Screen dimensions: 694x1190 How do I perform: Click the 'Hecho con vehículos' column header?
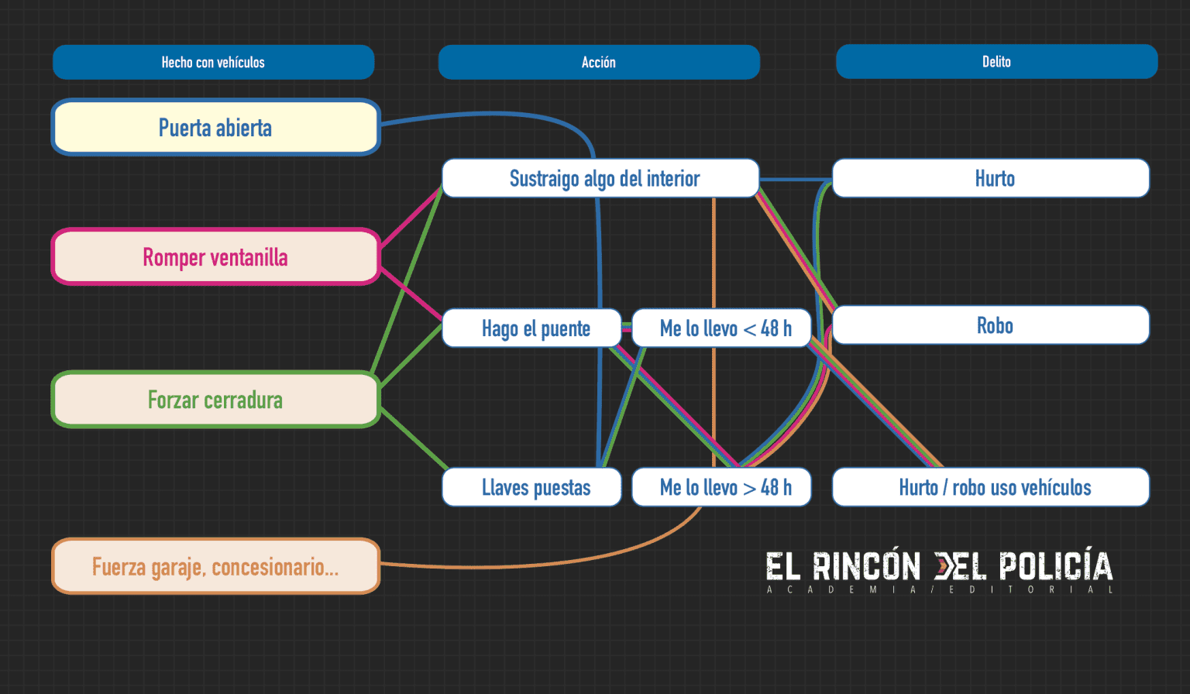(213, 62)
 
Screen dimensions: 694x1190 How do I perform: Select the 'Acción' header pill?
(599, 62)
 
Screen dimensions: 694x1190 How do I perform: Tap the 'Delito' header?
(996, 61)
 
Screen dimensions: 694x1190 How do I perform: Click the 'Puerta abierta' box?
(215, 127)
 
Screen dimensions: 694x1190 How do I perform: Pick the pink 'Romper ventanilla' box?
(215, 256)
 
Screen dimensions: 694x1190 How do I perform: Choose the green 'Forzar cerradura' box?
(215, 400)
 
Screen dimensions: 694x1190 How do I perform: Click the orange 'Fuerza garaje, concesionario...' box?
(215, 566)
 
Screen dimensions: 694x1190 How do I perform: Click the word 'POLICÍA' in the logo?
(1055, 567)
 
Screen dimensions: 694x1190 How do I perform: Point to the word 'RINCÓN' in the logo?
(866, 567)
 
